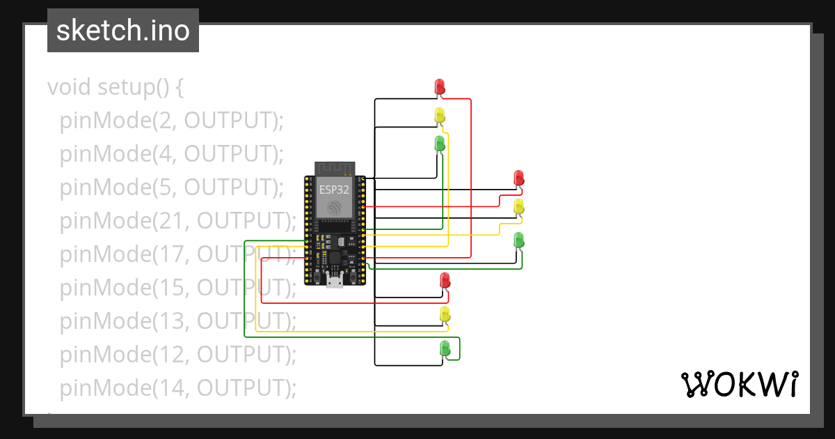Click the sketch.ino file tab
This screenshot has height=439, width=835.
click(123, 31)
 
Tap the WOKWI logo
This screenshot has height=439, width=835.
click(739, 384)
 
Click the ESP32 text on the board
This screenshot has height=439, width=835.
click(335, 189)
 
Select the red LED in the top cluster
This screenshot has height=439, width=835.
click(440, 86)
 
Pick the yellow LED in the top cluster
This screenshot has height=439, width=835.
click(440, 115)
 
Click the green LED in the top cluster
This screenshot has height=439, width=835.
click(440, 144)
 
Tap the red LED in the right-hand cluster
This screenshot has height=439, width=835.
click(518, 178)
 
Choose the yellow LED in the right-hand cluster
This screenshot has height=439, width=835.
click(518, 206)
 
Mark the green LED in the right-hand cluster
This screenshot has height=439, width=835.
click(518, 240)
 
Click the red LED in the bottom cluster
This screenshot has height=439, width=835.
click(445, 280)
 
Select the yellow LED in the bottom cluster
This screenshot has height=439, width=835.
click(445, 314)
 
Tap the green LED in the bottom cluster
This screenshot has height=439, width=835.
click(445, 347)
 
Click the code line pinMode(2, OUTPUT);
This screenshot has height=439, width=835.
click(172, 121)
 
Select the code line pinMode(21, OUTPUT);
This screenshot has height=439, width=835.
click(178, 221)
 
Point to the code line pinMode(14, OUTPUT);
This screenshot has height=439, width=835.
click(178, 387)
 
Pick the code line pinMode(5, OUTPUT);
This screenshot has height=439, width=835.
click(172, 187)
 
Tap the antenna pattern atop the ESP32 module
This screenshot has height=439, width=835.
click(335, 168)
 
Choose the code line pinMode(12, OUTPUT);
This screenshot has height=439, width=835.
click(178, 354)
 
